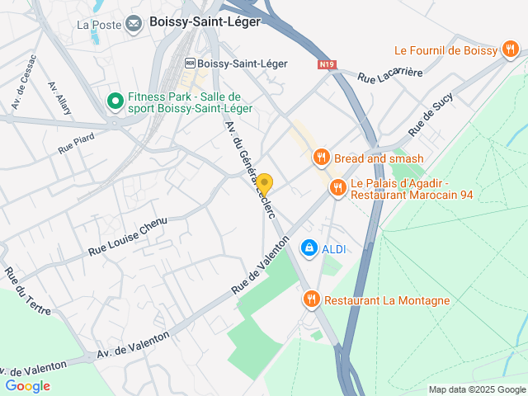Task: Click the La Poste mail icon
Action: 134,23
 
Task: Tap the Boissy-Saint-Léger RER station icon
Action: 191,63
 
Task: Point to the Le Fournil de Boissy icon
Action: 511,50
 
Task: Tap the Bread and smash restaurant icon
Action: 321,157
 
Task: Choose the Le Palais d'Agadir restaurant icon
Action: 337,189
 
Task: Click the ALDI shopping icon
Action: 309,247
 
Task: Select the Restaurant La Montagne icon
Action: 311,299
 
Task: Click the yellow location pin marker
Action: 264,183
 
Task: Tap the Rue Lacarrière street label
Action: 390,74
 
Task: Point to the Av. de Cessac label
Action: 24,83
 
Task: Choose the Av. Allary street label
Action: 60,98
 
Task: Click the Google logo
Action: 27,385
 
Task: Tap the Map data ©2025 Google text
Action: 477,389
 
